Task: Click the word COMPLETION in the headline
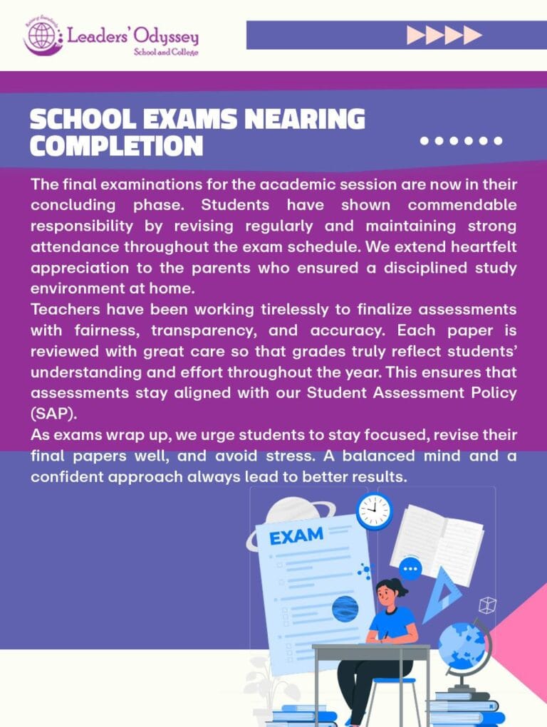(x=116, y=146)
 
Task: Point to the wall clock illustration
(x=375, y=510)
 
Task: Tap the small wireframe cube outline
(x=487, y=606)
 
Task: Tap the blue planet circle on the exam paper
(x=345, y=610)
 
